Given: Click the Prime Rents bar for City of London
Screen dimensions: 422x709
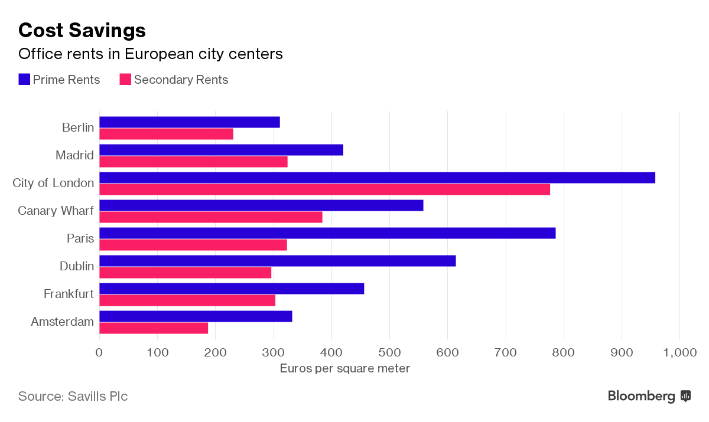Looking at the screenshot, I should (377, 178).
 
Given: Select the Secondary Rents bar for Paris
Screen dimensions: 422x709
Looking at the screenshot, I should (193, 245).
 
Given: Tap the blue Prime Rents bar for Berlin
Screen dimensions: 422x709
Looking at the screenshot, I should (189, 122).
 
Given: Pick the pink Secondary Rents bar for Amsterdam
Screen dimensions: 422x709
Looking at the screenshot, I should (154, 328).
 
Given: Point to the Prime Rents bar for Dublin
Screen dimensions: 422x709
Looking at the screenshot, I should (277, 261).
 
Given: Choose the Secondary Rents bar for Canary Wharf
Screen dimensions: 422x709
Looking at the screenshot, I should (210, 217).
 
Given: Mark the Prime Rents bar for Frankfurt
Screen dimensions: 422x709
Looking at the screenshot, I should (232, 289).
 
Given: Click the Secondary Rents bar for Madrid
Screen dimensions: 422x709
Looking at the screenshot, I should (193, 162).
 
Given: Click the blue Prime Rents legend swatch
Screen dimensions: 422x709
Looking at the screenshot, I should (24, 80).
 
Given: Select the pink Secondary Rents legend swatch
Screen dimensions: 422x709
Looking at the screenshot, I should (125, 80).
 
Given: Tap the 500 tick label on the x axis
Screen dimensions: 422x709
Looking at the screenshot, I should (389, 353).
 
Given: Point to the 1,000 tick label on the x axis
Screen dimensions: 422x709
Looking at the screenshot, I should (680, 353).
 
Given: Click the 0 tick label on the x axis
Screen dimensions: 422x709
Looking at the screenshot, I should (99, 353).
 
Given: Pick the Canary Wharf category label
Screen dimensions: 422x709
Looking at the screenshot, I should (56, 211).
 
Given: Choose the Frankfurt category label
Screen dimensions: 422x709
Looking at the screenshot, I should (69, 294).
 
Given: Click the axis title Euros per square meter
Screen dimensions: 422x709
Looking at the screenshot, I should (344, 369).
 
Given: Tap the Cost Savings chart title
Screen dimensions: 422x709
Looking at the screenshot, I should (82, 30).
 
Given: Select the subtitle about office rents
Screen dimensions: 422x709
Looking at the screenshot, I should (151, 54).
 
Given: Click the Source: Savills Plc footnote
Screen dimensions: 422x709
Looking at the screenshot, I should (73, 396).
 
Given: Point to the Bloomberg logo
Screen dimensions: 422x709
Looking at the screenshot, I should (649, 396).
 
